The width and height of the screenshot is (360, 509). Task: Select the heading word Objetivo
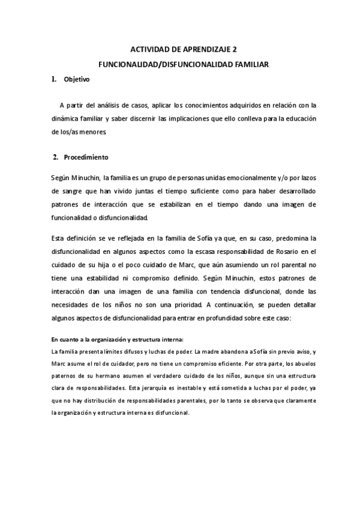76,79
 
